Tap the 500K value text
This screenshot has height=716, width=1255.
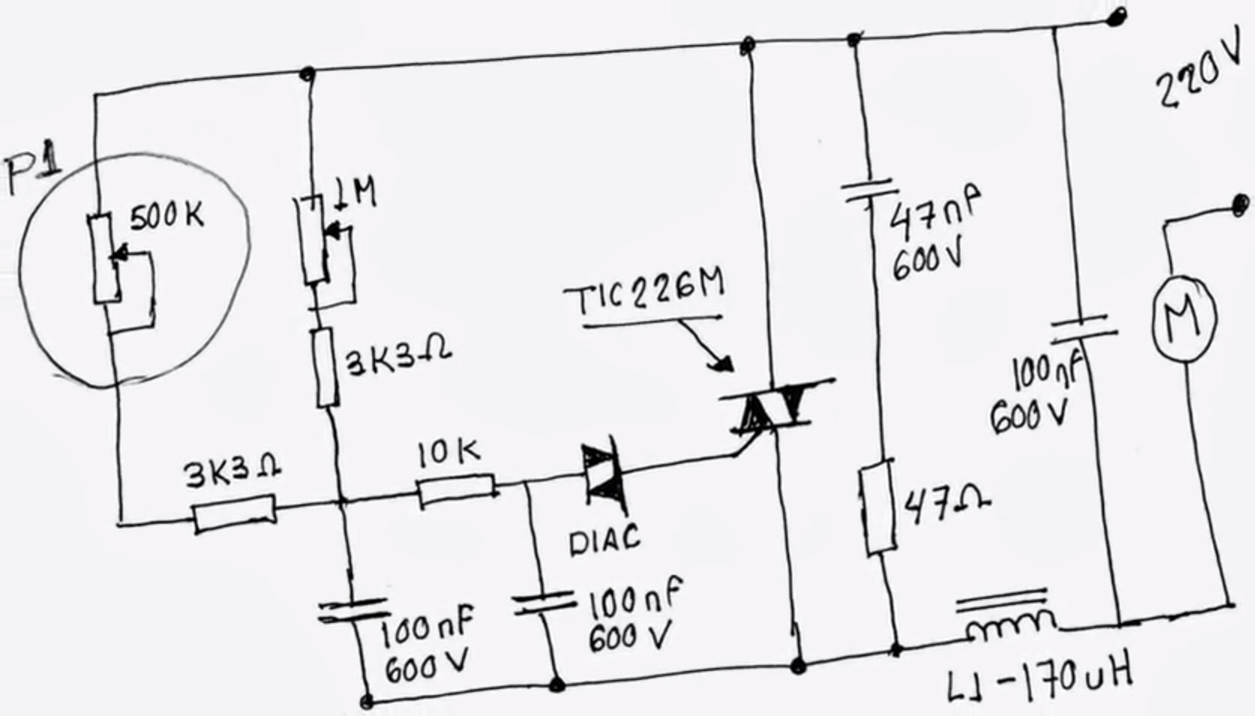167,216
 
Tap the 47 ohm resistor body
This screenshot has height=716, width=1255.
878,508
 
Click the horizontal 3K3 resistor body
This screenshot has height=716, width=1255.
234,513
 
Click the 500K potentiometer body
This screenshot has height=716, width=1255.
104,258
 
